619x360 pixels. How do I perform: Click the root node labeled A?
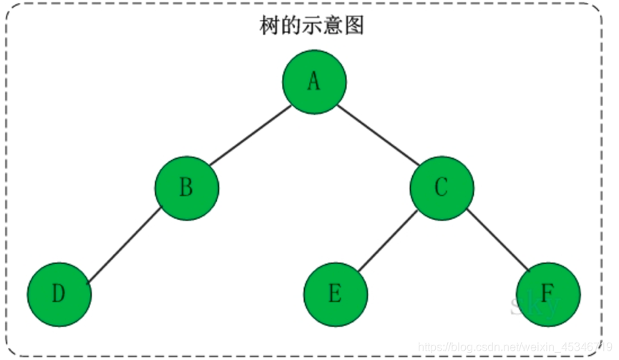[314, 82]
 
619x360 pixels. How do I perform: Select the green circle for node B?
[187, 188]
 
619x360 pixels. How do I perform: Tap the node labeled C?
[442, 188]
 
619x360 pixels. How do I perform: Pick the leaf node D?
[59, 294]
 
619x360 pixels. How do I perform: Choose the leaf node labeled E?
[336, 294]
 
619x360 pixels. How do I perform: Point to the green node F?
[548, 294]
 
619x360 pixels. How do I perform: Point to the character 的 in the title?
[291, 26]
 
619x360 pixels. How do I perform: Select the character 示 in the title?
[312, 26]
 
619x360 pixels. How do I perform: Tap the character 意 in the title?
[333, 26]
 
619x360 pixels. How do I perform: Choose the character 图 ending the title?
[355, 26]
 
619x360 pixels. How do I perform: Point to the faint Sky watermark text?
[532, 306]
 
